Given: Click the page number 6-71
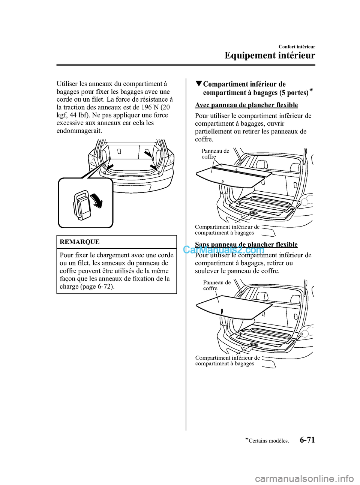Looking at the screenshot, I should (x=304, y=440).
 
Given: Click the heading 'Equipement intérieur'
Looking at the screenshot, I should (x=270, y=56).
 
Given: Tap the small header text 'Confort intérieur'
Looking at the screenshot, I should (x=296, y=47).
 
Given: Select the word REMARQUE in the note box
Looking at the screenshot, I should (x=79, y=242).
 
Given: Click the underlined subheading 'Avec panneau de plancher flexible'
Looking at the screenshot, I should (x=246, y=105).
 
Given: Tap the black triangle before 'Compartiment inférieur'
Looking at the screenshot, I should (x=198, y=84).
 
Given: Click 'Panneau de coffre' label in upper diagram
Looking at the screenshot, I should (x=215, y=154).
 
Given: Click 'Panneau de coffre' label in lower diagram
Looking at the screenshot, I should (x=217, y=285).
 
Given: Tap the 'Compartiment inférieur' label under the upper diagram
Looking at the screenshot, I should (x=227, y=230).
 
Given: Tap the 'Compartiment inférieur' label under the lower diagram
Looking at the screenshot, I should (x=227, y=360).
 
